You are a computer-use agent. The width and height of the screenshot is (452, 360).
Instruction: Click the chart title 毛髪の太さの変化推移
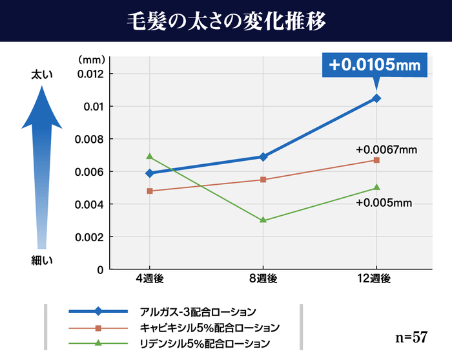225,20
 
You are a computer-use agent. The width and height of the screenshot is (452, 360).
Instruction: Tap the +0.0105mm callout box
375,65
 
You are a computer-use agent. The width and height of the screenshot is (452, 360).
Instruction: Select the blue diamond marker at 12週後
376,98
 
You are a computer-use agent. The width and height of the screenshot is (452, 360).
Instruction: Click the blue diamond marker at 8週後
263,156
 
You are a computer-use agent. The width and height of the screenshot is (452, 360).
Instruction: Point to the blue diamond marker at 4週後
150,173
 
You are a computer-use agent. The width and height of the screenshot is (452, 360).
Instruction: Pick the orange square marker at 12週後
376,160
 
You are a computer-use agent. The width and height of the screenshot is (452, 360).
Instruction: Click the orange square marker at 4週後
150,191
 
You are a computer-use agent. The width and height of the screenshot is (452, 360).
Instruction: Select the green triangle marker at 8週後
263,220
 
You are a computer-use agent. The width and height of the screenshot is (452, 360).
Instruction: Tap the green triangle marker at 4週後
150,156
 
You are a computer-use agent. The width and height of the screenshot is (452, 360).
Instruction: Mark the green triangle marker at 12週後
376,188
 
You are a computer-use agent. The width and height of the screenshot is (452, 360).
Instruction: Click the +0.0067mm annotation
386,150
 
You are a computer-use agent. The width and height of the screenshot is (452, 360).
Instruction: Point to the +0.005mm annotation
384,203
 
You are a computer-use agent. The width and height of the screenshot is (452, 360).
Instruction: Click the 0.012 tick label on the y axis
91,74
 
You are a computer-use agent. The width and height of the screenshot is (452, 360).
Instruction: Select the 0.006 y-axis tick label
91,172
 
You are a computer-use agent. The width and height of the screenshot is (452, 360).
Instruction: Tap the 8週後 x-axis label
263,279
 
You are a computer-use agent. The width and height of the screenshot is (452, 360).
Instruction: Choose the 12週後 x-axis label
376,279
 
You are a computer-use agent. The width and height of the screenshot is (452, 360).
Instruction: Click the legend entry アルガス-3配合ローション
198,311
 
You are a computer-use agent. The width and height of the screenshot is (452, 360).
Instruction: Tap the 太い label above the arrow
42,75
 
